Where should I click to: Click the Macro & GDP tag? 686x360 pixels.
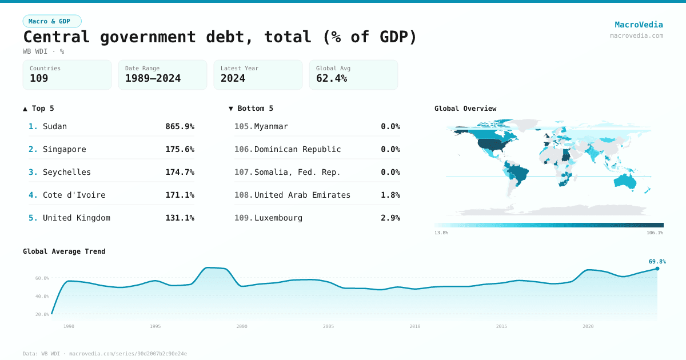(x=52, y=21)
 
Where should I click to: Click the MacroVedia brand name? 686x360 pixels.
(x=639, y=25)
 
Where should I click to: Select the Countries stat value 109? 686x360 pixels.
(x=39, y=78)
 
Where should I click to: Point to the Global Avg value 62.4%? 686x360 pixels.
(x=332, y=78)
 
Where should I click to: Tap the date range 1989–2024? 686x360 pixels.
(x=153, y=78)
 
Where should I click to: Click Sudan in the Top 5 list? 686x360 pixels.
(x=55, y=126)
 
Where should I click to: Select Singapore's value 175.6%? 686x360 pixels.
(x=180, y=149)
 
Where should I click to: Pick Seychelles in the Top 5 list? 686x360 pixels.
(x=67, y=172)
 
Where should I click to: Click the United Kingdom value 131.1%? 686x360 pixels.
(x=180, y=218)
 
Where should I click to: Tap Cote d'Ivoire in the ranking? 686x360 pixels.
(x=74, y=195)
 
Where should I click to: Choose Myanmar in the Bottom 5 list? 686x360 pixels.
(x=271, y=126)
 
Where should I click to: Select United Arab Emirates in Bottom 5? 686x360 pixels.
(x=302, y=195)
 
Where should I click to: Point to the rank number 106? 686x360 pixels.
(x=243, y=149)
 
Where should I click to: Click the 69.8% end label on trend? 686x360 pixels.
(x=657, y=262)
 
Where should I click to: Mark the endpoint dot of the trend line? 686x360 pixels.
(x=657, y=269)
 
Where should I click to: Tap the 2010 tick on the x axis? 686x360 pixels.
(x=415, y=326)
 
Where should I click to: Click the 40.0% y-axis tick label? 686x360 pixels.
(x=42, y=297)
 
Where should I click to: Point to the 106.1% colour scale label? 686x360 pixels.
(x=655, y=233)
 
